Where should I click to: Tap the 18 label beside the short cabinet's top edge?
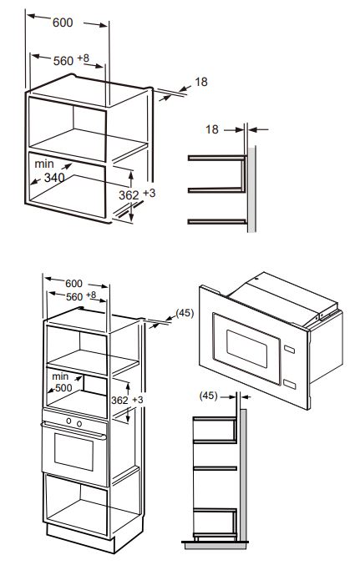200,82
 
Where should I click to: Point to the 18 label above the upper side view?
211,129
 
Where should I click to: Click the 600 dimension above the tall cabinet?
74,283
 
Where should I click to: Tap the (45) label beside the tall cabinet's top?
185,315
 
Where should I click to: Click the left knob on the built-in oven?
68,425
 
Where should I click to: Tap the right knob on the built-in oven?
79,425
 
